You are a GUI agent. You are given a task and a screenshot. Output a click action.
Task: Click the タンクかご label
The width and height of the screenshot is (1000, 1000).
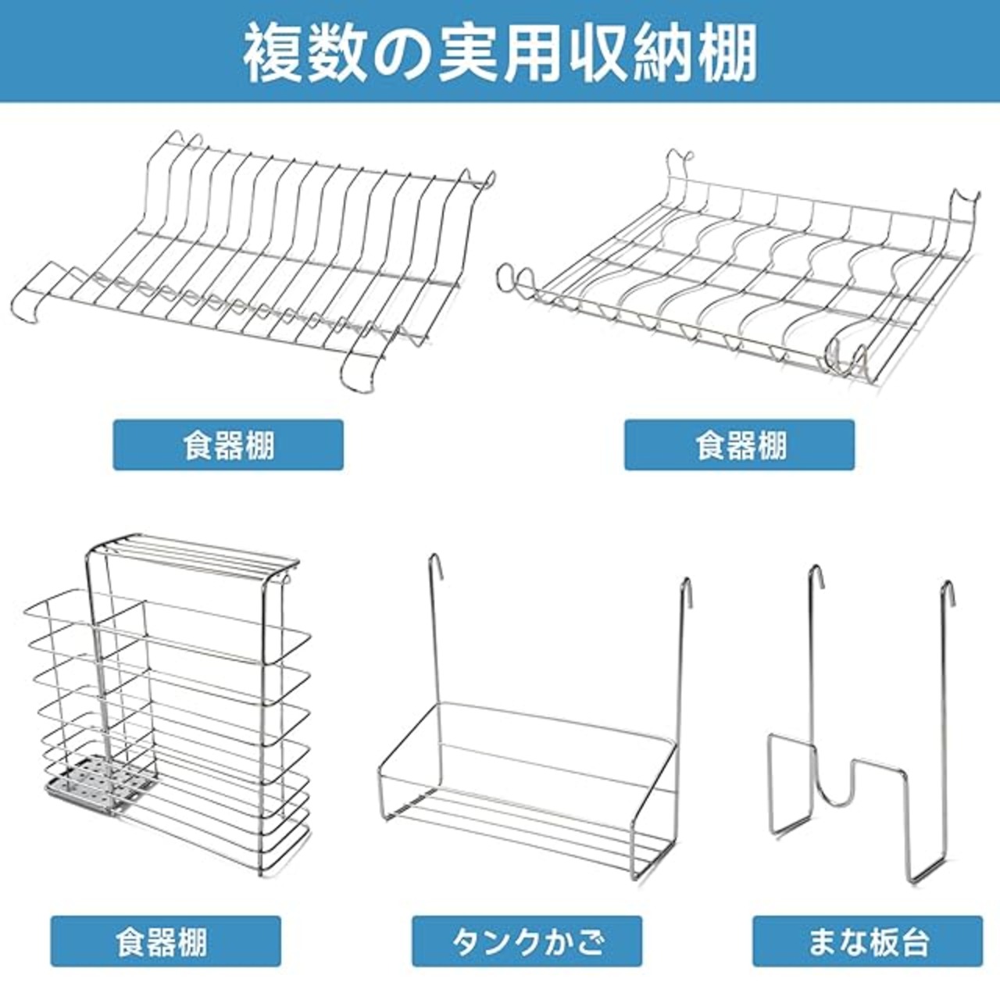tap(527, 941)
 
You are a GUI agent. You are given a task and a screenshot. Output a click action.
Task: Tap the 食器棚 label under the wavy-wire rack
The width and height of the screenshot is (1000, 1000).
tap(739, 445)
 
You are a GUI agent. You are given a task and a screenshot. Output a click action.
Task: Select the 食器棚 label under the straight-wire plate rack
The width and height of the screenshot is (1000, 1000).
tap(228, 445)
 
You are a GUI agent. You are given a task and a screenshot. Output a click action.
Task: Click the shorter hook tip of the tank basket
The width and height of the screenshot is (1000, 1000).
tap(686, 584)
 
